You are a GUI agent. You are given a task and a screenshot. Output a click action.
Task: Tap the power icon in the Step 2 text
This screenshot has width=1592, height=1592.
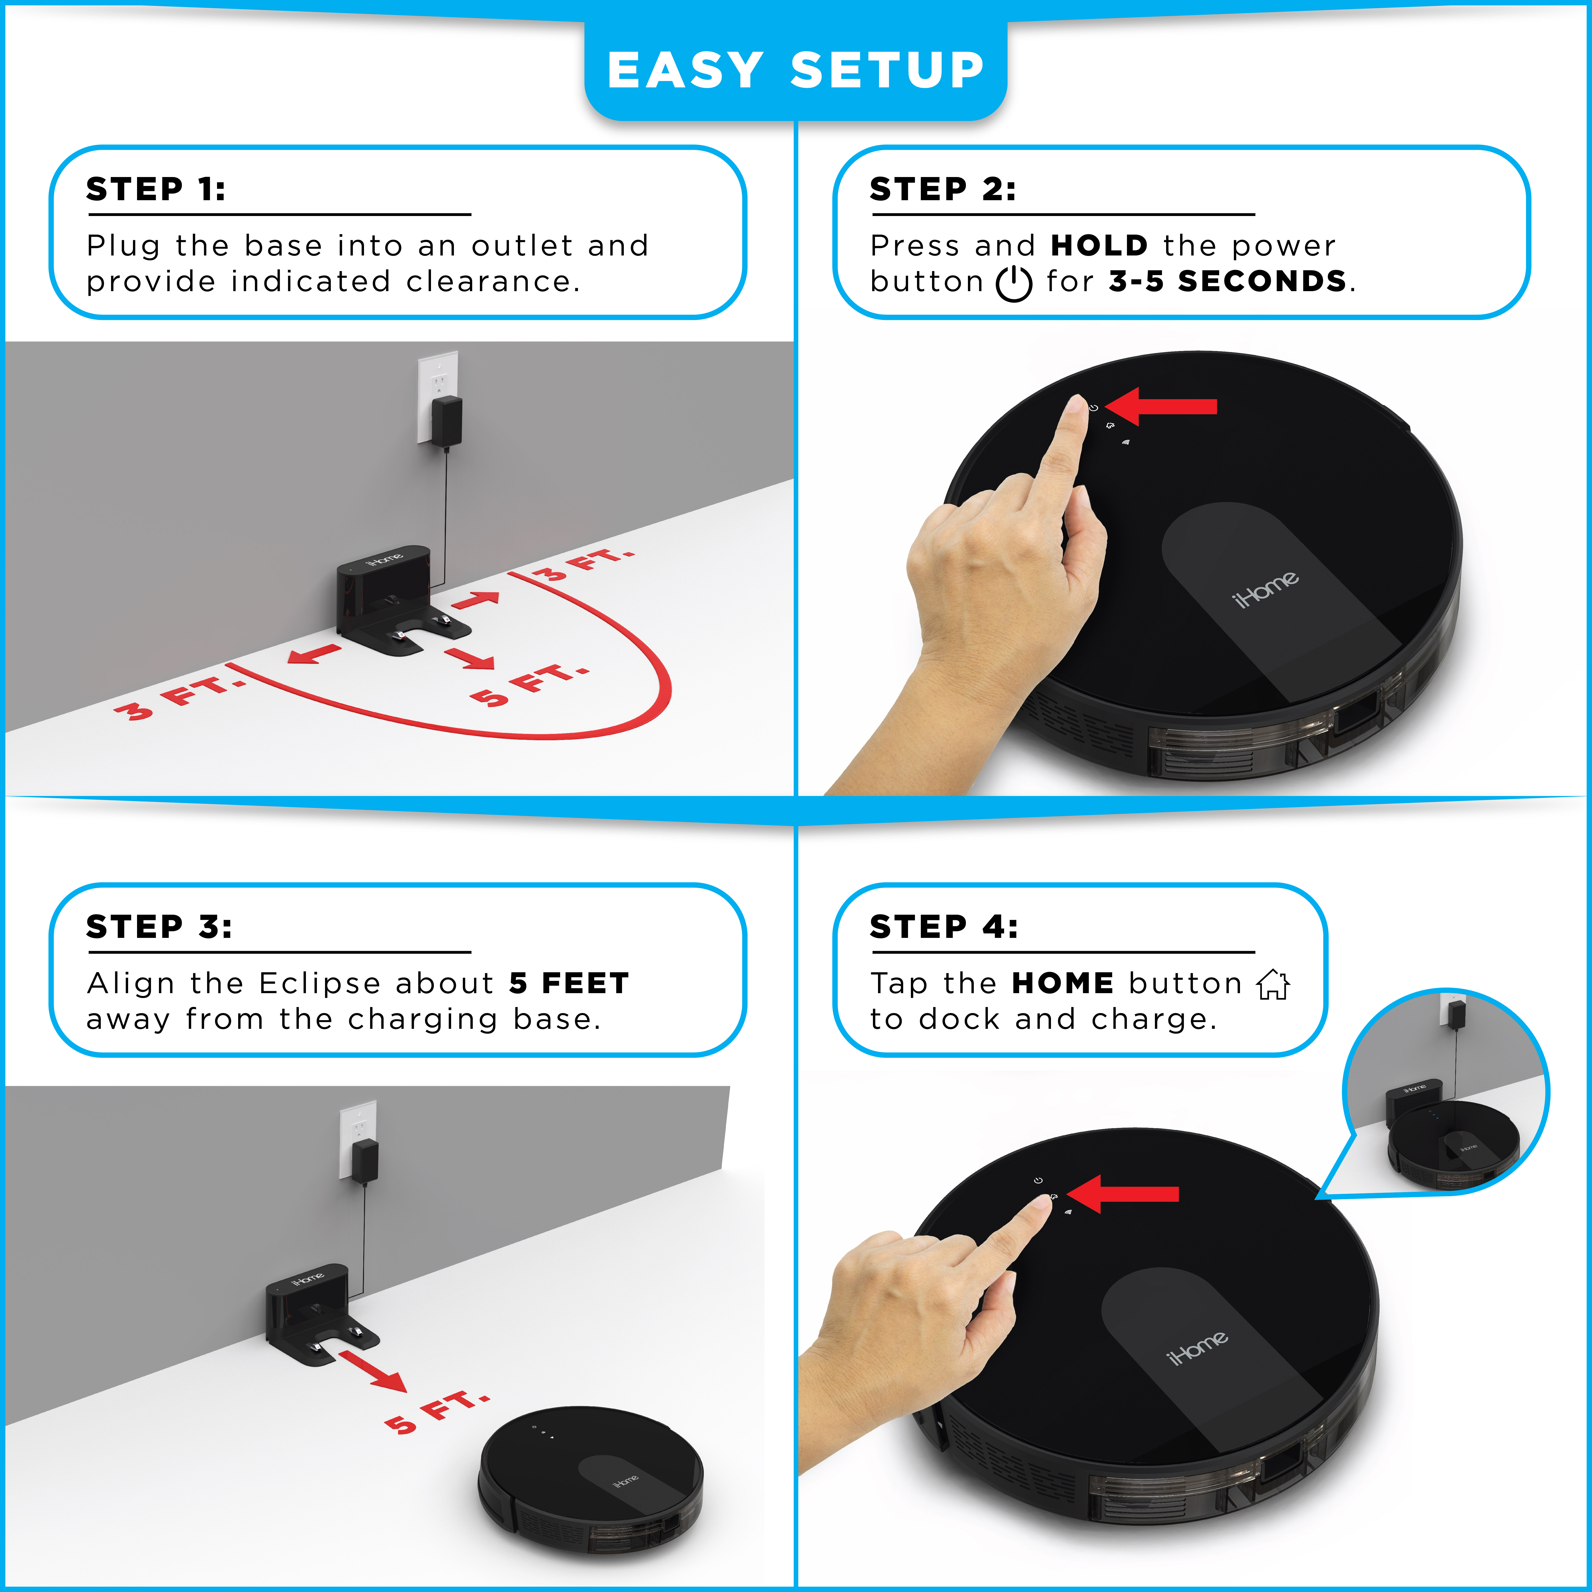1014,283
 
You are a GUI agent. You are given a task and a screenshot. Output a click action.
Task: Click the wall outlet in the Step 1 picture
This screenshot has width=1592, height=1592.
438,396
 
